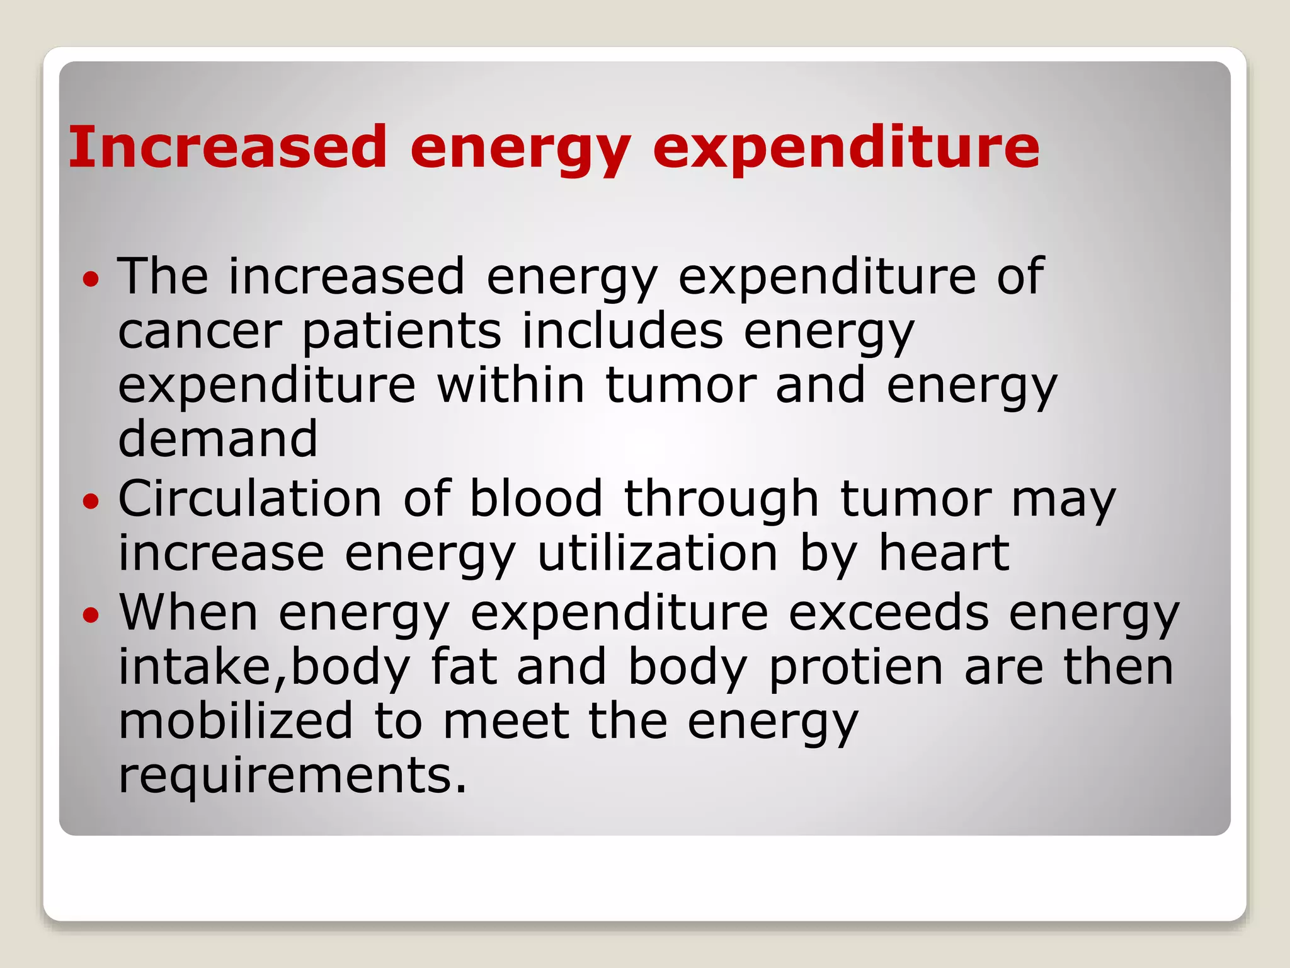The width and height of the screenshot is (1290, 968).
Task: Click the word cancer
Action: pyautogui.click(x=200, y=332)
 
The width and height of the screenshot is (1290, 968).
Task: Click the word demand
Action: pyautogui.click(x=218, y=439)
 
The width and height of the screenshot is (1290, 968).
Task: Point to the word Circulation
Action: pyautogui.click(x=250, y=498)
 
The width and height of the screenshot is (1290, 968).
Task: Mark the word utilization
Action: pyautogui.click(x=658, y=553)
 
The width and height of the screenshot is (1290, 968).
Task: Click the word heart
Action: pyautogui.click(x=944, y=553)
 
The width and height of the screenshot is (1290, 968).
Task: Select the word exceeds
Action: pyautogui.click(x=889, y=613)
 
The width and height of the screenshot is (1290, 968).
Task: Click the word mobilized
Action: pyautogui.click(x=236, y=721)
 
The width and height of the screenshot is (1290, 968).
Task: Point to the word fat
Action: pyautogui.click(x=464, y=667)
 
